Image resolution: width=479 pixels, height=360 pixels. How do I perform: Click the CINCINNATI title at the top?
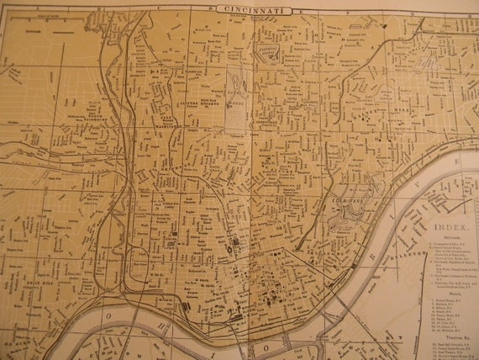point(253,10)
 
